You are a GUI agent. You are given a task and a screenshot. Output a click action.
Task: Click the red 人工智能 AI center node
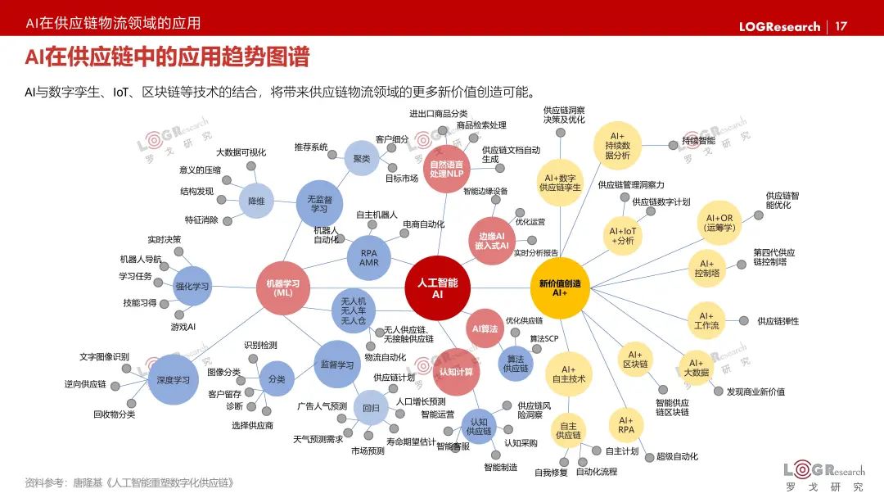coord(437,287)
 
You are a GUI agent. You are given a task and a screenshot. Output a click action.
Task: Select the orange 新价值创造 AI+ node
coord(560,287)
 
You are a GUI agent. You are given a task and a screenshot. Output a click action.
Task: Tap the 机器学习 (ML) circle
coord(282,287)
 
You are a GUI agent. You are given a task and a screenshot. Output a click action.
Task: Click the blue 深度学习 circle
coord(173,379)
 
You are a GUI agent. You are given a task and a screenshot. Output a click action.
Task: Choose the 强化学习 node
coord(192,286)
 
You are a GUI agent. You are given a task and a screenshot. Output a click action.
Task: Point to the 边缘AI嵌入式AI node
coord(493,241)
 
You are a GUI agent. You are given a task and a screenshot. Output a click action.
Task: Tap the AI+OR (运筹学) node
coord(719,223)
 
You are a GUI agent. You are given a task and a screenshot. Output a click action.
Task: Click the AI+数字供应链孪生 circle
coord(560,182)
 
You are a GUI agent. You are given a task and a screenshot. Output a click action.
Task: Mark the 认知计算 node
coord(456,372)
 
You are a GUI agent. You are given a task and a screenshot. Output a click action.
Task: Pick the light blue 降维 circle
coord(256,201)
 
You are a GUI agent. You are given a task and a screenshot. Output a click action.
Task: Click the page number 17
coord(841,26)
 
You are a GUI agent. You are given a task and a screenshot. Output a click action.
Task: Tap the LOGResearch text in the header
coord(779,26)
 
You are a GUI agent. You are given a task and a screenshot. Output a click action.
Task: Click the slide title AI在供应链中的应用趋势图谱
coord(167,57)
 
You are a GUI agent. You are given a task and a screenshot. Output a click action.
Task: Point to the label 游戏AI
coord(183,326)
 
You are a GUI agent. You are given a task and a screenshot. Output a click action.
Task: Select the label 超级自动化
coord(677,456)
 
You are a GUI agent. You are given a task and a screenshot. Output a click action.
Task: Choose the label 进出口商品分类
coord(439,113)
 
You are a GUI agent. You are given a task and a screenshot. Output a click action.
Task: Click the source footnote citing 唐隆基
coord(129,482)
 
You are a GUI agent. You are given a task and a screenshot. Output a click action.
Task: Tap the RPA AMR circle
coord(369,258)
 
